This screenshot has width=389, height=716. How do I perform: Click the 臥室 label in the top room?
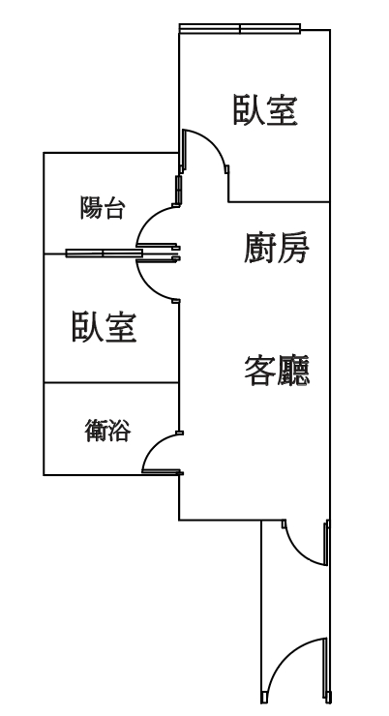(x=265, y=110)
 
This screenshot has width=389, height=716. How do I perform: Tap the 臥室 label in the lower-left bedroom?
(x=105, y=326)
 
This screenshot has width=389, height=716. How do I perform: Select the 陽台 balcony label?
(x=103, y=208)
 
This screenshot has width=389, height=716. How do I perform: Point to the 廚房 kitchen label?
(x=277, y=248)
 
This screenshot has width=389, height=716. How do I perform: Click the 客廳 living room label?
(x=277, y=371)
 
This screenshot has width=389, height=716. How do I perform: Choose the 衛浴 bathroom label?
(x=107, y=431)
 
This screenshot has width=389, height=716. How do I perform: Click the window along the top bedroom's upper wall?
(x=240, y=29)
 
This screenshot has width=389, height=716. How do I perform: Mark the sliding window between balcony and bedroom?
(x=104, y=253)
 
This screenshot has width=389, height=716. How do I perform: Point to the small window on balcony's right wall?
(x=178, y=190)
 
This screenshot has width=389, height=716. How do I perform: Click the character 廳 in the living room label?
(x=293, y=371)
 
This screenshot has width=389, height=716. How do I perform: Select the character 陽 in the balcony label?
(x=91, y=208)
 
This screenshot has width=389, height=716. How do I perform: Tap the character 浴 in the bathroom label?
(x=120, y=431)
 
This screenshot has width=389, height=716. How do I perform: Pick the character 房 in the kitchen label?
(x=293, y=248)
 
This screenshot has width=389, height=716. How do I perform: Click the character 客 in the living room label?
(x=260, y=371)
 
